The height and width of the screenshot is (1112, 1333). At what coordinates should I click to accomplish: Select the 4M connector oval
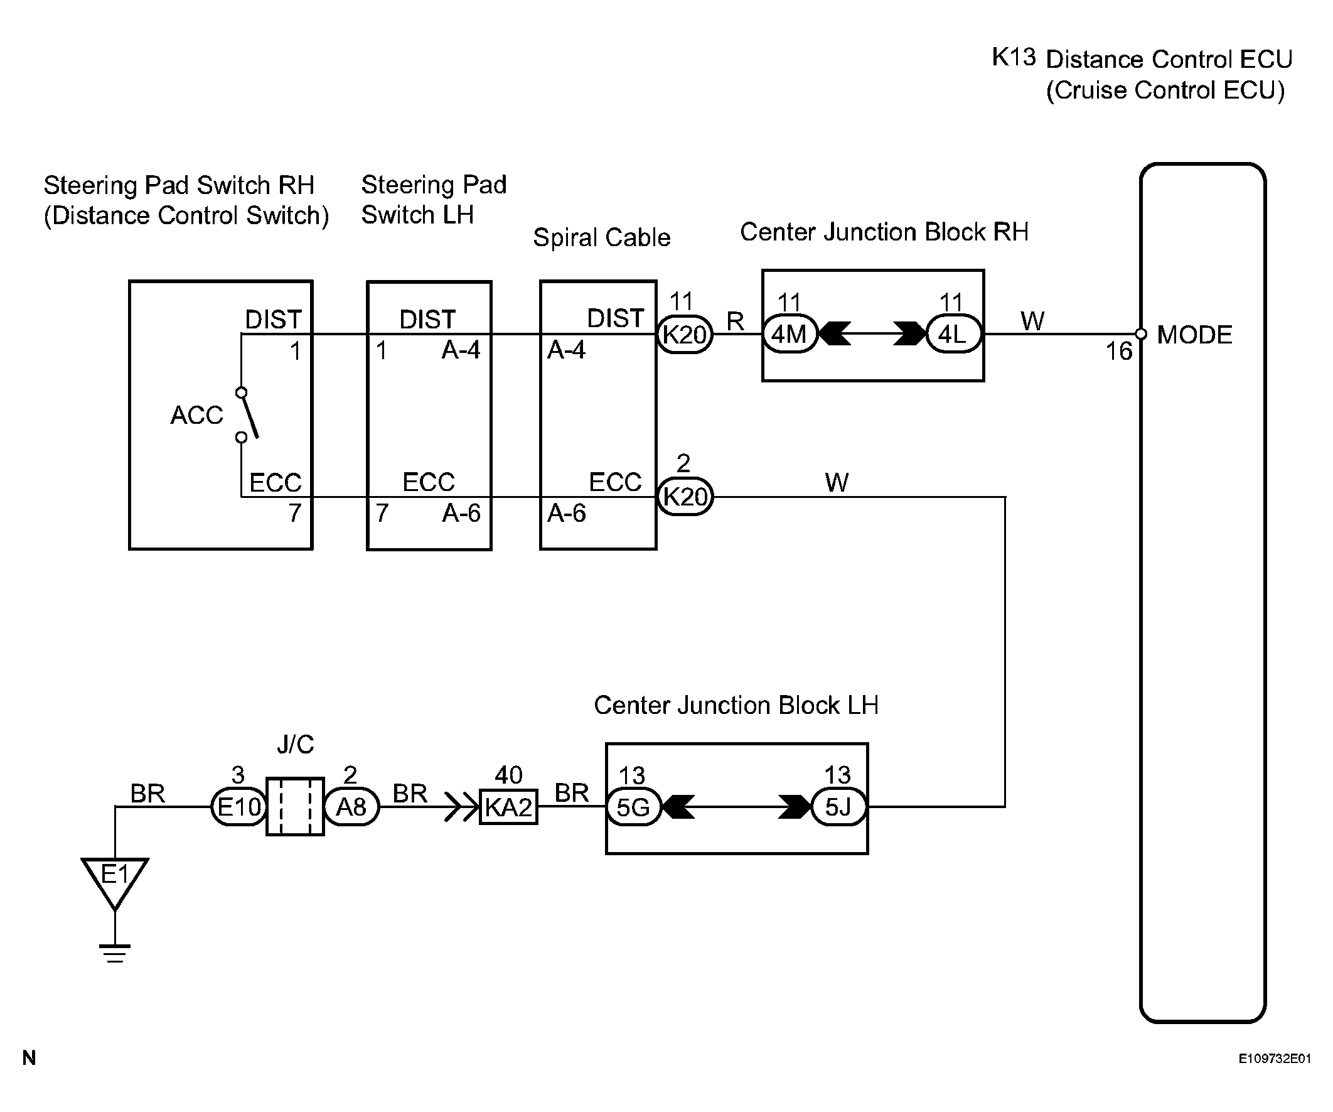(x=789, y=334)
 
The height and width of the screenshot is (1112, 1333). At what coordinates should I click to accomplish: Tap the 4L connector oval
(x=953, y=334)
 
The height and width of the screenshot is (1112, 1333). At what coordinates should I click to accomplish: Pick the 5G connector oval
(x=633, y=807)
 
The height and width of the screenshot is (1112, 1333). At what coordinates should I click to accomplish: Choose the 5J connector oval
(x=838, y=807)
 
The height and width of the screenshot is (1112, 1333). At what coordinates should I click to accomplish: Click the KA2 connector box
(x=508, y=807)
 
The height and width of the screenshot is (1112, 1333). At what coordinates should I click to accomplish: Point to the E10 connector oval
(x=238, y=807)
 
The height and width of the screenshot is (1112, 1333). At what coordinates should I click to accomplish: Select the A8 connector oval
(x=351, y=807)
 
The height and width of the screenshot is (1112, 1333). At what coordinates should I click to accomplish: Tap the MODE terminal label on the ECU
(x=1194, y=335)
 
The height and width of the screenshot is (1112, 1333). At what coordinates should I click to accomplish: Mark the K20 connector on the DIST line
(x=684, y=334)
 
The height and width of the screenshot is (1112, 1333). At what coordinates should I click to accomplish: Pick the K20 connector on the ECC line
(x=684, y=496)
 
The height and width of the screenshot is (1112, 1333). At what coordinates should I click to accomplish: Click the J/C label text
(x=295, y=743)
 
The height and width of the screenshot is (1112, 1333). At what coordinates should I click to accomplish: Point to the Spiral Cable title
(x=601, y=237)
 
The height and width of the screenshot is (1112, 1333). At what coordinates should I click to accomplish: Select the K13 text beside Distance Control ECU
(x=1013, y=58)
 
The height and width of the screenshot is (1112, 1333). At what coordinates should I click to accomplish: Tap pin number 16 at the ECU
(x=1118, y=351)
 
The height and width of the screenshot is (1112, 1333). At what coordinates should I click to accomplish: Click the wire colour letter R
(x=735, y=321)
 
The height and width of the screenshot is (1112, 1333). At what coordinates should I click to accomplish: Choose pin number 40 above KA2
(x=508, y=775)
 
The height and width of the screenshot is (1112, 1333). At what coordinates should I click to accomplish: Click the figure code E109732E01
(x=1274, y=1059)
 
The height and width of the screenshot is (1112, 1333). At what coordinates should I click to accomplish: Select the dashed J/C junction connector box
(x=295, y=807)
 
